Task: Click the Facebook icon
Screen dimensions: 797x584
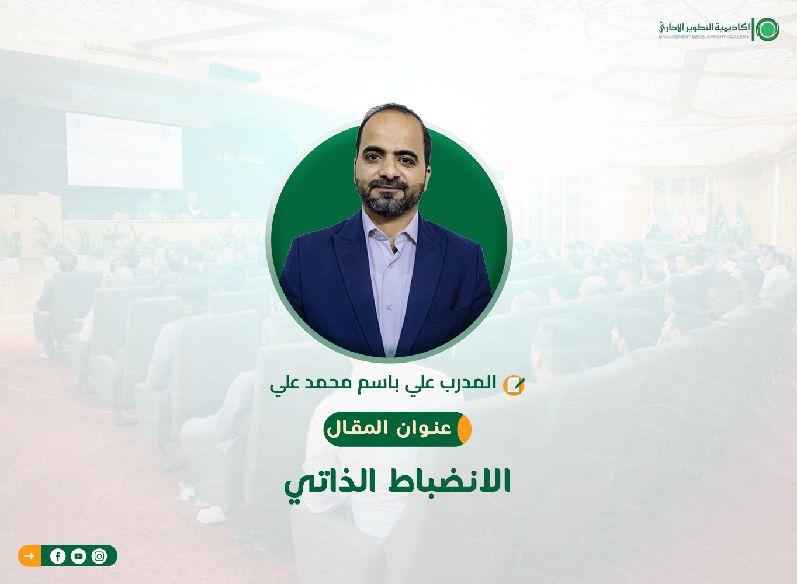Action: pos(58,556)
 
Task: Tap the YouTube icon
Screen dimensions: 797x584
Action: pos(78,556)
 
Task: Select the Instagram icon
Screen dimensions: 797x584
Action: pos(99,556)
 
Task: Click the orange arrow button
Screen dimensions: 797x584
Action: pos(30,556)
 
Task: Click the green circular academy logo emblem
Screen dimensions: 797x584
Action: pos(767,30)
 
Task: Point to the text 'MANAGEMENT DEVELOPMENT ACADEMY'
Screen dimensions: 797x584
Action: pos(704,37)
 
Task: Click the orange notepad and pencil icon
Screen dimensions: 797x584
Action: pos(514,385)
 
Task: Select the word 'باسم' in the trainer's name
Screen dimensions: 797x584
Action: pos(379,383)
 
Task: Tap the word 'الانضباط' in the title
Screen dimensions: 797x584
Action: pos(449,481)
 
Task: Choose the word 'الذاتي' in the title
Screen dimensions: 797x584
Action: pos(330,483)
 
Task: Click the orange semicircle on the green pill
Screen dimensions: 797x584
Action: pos(465,429)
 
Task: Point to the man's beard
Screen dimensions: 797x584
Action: pos(390,197)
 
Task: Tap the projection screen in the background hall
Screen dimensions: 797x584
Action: pos(124,151)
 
